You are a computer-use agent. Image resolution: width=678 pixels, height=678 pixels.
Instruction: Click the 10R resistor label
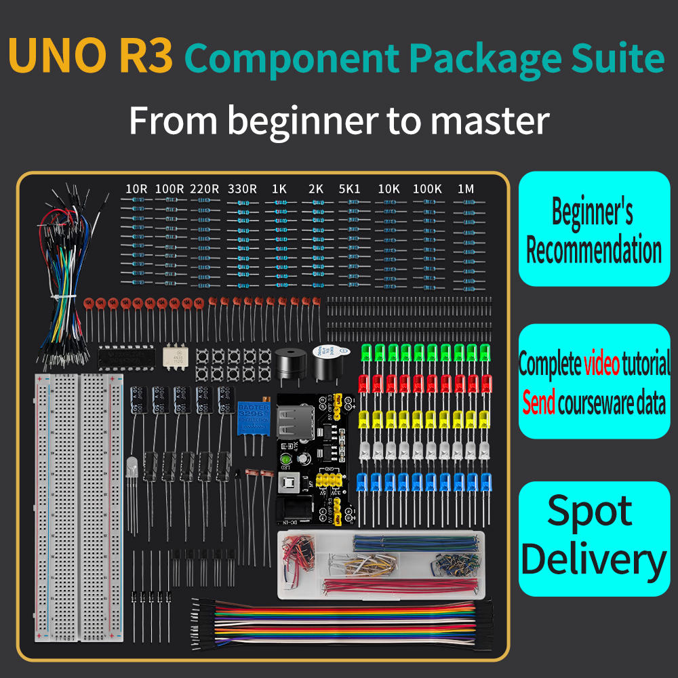click(136, 189)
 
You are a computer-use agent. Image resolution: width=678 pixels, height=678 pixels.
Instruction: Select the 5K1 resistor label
click(350, 189)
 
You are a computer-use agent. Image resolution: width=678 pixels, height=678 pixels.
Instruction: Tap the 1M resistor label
click(466, 189)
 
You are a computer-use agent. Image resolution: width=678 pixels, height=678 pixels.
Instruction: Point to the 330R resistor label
click(242, 189)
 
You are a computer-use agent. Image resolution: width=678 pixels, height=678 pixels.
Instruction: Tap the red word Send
click(539, 403)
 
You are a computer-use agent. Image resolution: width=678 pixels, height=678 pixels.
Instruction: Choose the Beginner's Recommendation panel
click(594, 229)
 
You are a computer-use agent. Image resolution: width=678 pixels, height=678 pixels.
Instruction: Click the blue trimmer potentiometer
click(254, 417)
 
